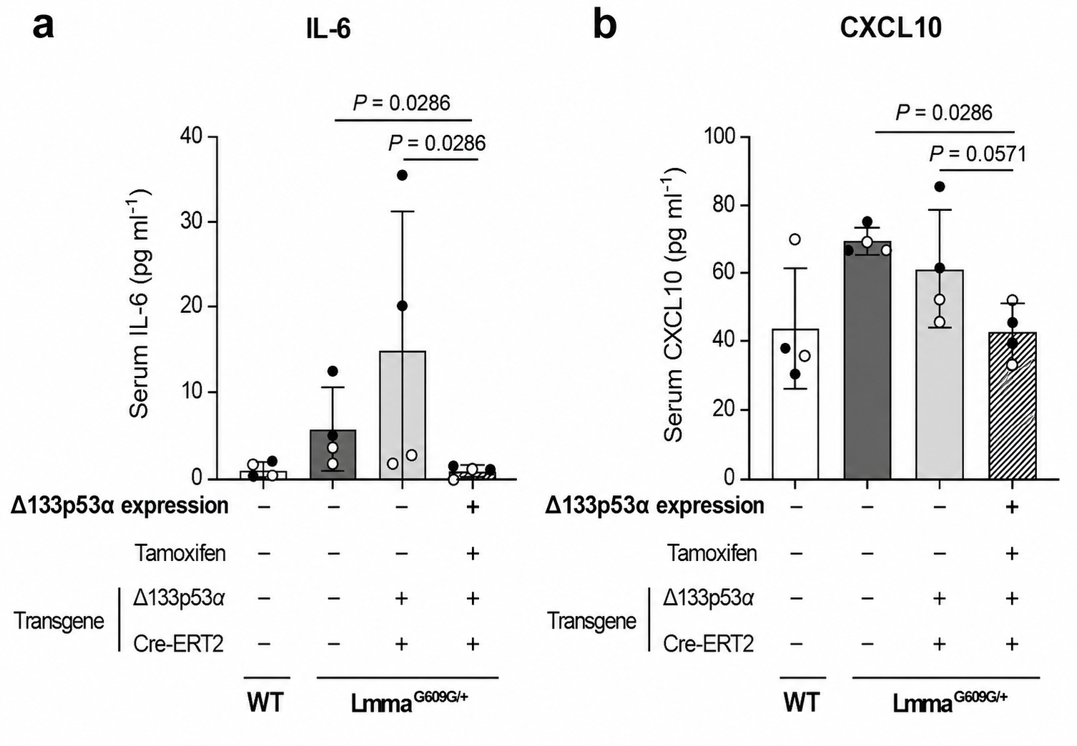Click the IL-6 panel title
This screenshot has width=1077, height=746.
(328, 29)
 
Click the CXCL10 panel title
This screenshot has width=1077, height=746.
(890, 29)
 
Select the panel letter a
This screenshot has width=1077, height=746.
(44, 27)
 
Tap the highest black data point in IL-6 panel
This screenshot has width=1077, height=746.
(402, 175)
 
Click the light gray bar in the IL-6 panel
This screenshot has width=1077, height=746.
(403, 415)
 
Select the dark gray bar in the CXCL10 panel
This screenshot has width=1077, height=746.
(867, 360)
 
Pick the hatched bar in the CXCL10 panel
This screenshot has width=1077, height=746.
(1012, 405)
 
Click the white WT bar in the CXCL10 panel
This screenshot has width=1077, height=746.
(795, 404)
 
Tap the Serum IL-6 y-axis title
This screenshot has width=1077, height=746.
(140, 304)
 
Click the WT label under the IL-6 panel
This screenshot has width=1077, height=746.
(266, 702)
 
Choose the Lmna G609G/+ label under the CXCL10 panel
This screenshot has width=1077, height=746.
(950, 702)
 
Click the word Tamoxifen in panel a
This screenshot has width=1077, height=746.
(179, 553)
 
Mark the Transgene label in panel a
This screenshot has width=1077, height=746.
(59, 621)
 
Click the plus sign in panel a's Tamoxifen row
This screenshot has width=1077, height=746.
(473, 554)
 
